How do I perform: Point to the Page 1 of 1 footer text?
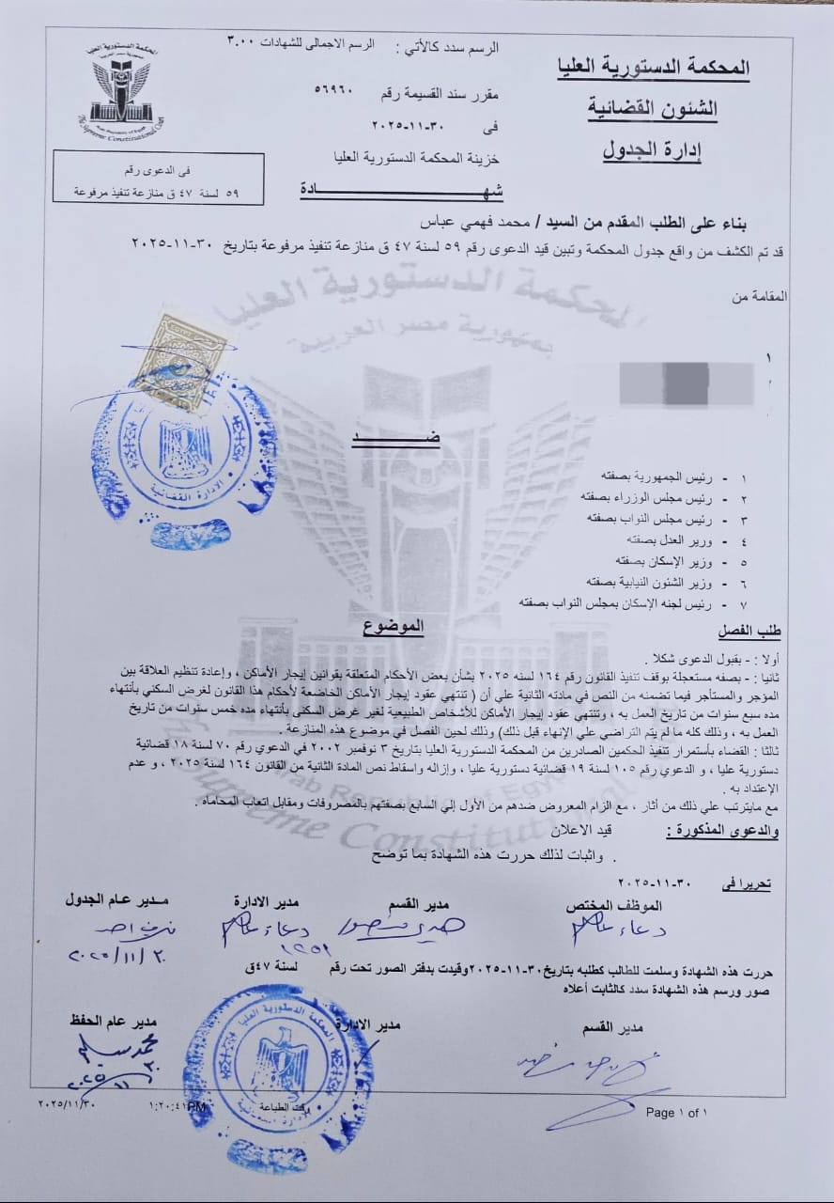point(676,1113)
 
